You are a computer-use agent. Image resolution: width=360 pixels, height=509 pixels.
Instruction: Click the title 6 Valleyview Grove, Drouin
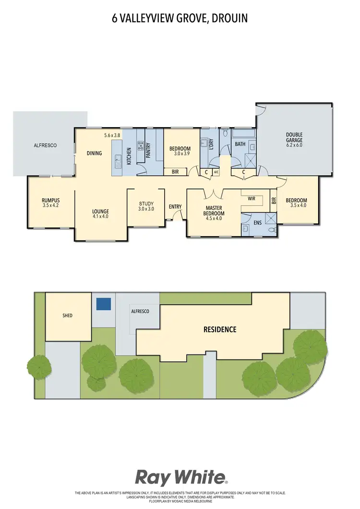pos(180,18)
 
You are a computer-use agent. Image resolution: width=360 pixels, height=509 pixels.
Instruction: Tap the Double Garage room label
pos(294,140)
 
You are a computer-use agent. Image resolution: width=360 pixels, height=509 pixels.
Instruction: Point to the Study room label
pos(146,206)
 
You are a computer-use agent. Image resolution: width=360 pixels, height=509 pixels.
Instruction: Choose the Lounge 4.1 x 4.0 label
pos(101,213)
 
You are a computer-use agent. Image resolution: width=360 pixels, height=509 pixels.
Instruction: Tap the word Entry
pos(175,207)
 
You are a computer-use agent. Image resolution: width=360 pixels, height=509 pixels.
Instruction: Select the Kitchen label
pos(129,156)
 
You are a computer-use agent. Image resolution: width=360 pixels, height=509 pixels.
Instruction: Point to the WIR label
pos(251,198)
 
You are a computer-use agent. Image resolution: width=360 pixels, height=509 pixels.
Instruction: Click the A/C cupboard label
pos(216,172)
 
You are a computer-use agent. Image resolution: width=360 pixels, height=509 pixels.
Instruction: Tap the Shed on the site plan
pos(67,316)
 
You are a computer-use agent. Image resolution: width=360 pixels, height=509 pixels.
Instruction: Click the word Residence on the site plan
pos(220,330)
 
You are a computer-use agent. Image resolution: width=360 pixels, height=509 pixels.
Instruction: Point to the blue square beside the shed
pos(104,304)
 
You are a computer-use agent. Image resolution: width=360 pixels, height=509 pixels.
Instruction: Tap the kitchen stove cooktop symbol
pos(141,146)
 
